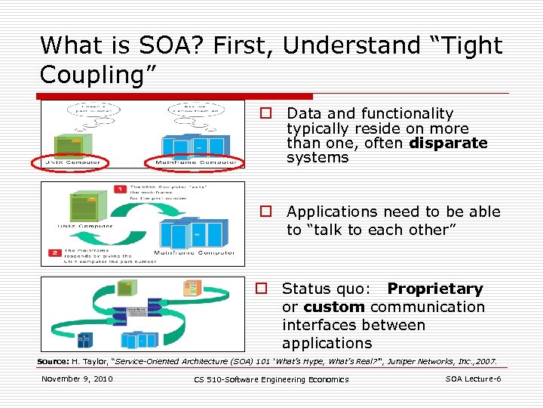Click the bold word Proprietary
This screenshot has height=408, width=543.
coord(434,289)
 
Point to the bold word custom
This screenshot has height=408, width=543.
coord(334,308)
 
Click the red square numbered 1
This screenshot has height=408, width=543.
coord(120,188)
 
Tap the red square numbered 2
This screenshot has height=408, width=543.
coord(55,252)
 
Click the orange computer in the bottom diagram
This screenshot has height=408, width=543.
coord(192,288)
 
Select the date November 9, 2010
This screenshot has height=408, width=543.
coord(77,379)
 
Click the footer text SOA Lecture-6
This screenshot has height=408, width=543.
coord(473,379)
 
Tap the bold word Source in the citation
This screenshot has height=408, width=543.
coord(53,362)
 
